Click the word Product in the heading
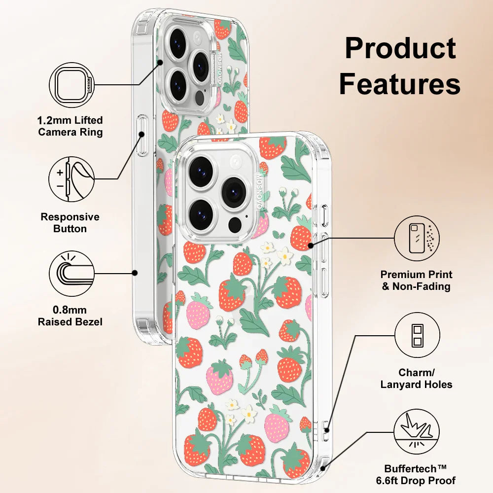point(400,48)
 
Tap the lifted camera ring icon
point(72,87)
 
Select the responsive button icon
point(72,179)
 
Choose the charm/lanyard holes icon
point(417,335)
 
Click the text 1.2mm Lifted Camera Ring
point(70,126)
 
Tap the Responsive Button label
point(70,223)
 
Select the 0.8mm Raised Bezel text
point(70,316)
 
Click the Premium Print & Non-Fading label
point(417,281)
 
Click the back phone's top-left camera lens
point(177,43)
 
